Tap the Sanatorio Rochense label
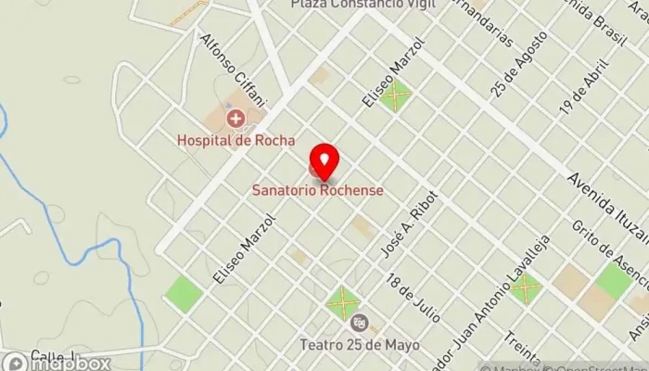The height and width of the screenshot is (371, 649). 317,190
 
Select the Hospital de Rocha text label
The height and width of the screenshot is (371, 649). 236,141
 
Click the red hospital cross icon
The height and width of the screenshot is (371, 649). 235,118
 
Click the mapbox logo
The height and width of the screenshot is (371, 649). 57,362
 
